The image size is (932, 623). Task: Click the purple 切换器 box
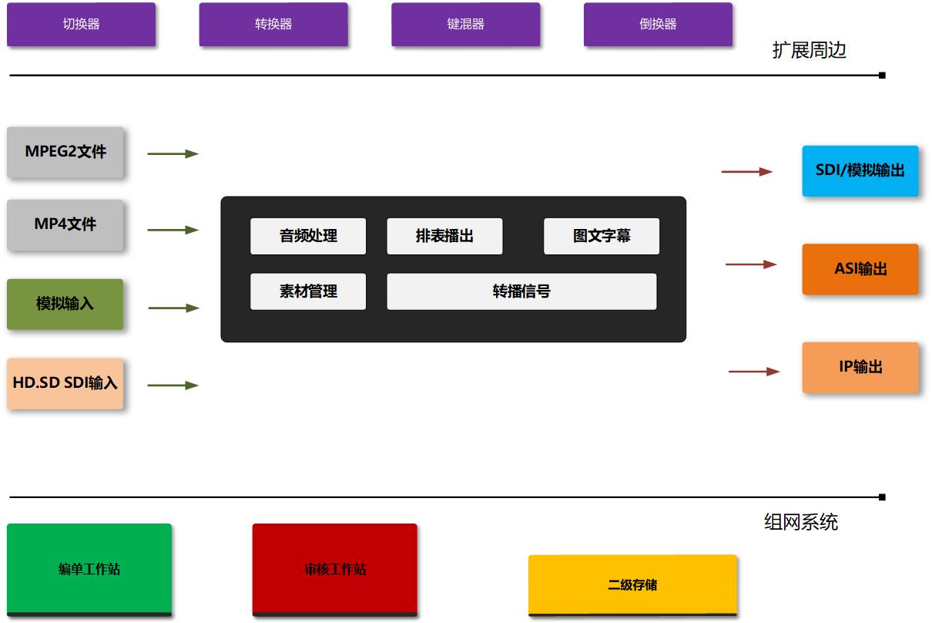click(81, 25)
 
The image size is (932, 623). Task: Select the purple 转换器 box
click(273, 25)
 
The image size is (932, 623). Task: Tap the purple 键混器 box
click(465, 25)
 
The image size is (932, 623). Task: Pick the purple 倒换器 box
click(658, 25)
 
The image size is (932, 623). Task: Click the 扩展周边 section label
click(809, 51)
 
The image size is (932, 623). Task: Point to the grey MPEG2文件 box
click(65, 152)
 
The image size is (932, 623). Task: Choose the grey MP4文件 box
click(65, 224)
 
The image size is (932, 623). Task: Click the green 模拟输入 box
click(65, 304)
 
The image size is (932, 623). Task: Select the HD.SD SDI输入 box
click(65, 382)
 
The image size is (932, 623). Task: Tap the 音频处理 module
click(308, 236)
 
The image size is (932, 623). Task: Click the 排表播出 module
click(444, 236)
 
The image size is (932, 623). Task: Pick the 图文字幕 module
click(602, 236)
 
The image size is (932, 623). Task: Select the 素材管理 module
click(308, 291)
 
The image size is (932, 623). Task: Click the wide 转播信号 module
click(521, 291)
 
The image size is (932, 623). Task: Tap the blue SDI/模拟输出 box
click(860, 170)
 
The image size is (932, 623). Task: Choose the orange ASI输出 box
click(860, 269)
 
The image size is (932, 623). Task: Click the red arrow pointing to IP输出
click(754, 372)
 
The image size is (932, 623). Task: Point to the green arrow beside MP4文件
click(173, 230)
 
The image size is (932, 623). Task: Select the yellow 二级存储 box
click(632, 584)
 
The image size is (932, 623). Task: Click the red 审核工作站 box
click(335, 569)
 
